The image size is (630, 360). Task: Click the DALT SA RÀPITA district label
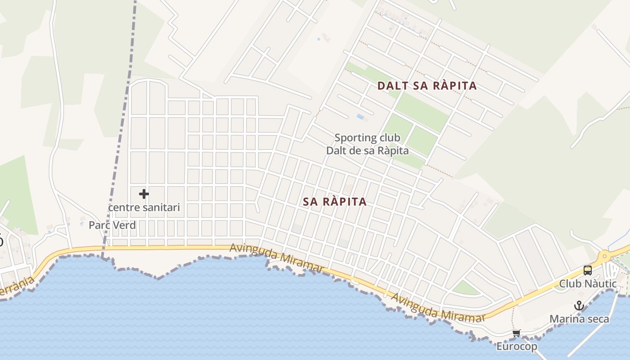427,86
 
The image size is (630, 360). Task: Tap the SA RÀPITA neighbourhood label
335,202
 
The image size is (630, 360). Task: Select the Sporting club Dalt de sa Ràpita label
367,144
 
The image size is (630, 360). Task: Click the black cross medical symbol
144,194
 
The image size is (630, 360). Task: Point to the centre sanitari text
144,207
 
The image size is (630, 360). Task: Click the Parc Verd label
112,225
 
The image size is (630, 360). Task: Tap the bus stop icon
588,270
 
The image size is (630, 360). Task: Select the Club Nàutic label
588,283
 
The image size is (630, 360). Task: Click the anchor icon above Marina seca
579,306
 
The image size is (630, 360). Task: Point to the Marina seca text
579,319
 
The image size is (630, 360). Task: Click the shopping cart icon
516,333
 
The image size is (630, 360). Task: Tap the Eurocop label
517,346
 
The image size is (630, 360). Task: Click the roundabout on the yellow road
604,256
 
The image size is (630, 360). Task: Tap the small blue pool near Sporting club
360,117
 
